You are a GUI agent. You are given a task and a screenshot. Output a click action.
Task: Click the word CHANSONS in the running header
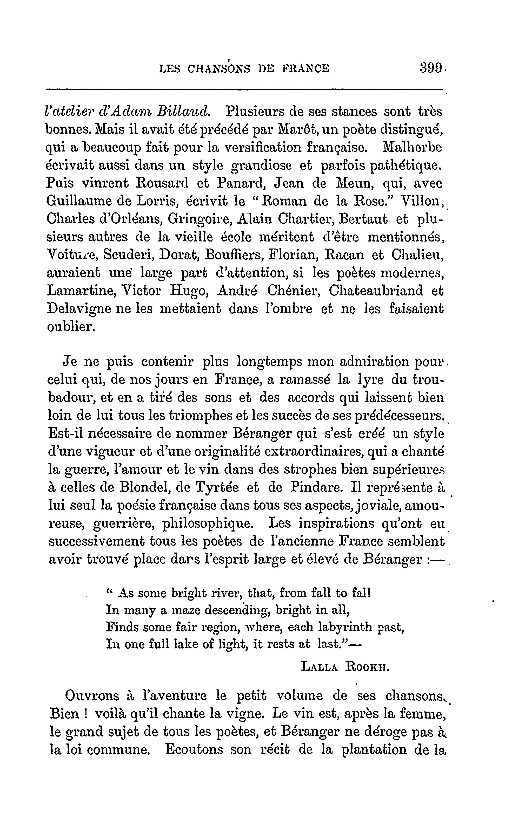pos(219,69)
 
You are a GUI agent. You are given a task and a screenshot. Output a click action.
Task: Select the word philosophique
pos(208,524)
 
